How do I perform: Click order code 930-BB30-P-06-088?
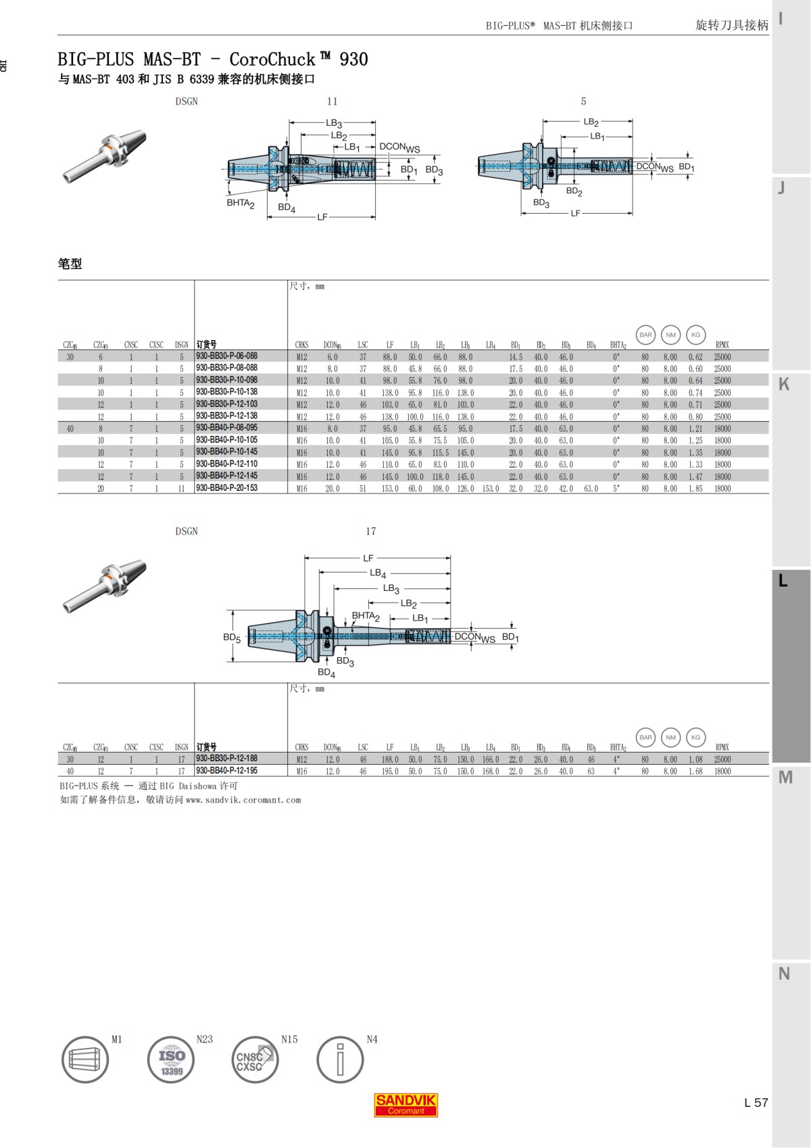tap(226, 356)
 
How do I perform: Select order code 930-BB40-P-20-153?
tap(226, 487)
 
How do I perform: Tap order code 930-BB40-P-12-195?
tap(226, 770)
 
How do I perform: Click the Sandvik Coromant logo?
tap(405, 1104)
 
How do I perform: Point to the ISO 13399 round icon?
tap(171, 1059)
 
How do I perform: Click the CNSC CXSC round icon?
tap(255, 1059)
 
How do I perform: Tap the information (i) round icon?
tap(340, 1059)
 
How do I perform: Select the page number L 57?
tap(756, 1102)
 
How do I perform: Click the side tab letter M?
tap(785, 778)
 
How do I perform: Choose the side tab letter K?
tap(784, 384)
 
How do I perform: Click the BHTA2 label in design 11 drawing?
tap(240, 203)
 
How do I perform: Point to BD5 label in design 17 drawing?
tap(232, 638)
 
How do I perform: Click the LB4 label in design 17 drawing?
tap(378, 573)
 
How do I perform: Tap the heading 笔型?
tap(70, 264)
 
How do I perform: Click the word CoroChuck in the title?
tap(272, 59)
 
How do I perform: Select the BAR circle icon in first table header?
tap(645, 335)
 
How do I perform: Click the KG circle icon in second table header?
tap(695, 737)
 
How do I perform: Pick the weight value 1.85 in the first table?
tap(695, 488)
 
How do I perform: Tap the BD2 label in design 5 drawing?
tap(574, 191)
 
